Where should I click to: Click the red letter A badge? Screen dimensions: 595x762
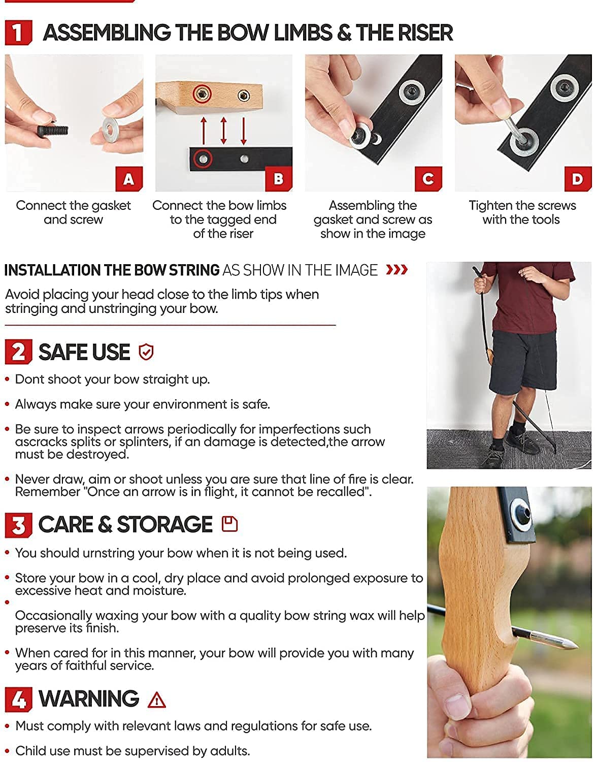pos(129,179)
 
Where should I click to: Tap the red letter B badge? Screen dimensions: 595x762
pos(279,179)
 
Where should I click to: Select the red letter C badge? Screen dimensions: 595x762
pos(428,179)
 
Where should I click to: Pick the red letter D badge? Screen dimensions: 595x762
pos(578,179)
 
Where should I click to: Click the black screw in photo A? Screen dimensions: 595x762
pos(53,130)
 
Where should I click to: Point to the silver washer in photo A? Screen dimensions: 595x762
pos(111,127)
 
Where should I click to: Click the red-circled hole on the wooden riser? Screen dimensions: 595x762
pos(202,93)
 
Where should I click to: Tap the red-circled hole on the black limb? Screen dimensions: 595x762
pos(203,159)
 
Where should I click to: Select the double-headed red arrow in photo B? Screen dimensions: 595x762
pos(223,130)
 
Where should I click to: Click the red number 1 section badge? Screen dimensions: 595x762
pos(18,33)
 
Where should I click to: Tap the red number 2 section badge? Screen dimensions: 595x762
pos(18,352)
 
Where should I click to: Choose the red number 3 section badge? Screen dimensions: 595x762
pos(18,525)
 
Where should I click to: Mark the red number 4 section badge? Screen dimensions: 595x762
pos(18,699)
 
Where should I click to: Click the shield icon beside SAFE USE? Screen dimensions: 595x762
pos(146,352)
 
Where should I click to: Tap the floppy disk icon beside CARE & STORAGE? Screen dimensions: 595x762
pos(229,524)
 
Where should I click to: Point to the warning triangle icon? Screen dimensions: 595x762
pos(157,700)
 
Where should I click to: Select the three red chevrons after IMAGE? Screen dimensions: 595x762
pos(396,270)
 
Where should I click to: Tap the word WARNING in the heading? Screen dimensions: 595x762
pos(89,699)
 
